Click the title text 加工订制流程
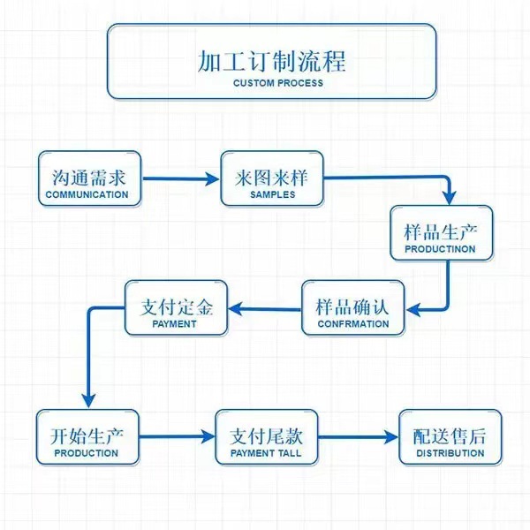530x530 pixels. click(x=271, y=61)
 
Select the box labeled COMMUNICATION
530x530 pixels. click(x=89, y=179)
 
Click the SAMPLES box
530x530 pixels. click(x=272, y=179)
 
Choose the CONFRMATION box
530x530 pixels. click(x=352, y=308)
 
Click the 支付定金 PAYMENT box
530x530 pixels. click(x=176, y=308)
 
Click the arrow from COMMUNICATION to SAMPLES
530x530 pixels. click(x=180, y=179)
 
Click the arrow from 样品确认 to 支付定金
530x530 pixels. click(x=265, y=308)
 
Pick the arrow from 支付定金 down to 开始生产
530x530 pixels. click(x=87, y=353)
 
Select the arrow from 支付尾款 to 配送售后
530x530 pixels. click(x=357, y=437)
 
